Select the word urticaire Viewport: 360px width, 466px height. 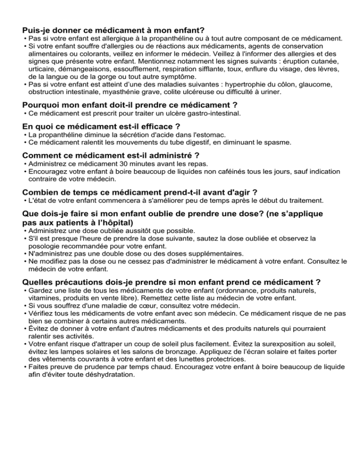point(43,69)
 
